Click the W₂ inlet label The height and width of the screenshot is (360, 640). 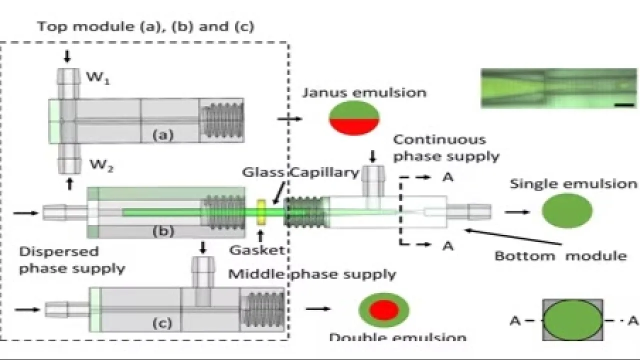pos(100,164)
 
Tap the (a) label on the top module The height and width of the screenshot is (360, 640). pos(162,135)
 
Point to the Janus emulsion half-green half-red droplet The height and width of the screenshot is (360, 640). pos(354,118)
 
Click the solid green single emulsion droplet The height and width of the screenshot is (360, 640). pos(567,210)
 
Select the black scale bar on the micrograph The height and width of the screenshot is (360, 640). pos(629,104)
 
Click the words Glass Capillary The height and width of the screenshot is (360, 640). pos(300,172)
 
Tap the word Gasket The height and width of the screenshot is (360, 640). pos(256,249)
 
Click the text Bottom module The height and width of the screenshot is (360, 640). pos(560,256)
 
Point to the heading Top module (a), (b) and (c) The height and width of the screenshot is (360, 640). pos(145,26)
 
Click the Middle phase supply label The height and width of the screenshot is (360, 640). pos(312,274)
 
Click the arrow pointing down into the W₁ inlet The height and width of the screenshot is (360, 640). pos(67,56)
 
